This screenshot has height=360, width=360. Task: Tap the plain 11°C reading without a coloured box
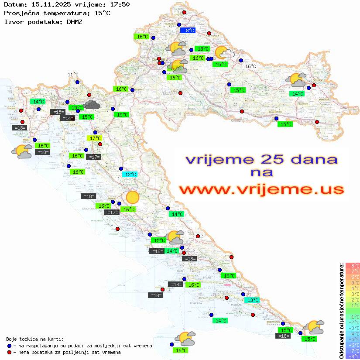(x=73, y=75)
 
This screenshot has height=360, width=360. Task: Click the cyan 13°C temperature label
(x=252, y=300)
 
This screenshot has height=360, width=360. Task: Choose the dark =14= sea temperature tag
(x=67, y=118)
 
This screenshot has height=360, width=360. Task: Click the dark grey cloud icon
(x=92, y=104)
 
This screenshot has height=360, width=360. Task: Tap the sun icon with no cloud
(x=132, y=197)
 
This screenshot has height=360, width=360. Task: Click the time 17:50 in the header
(x=117, y=5)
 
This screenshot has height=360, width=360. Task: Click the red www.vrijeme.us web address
(x=261, y=189)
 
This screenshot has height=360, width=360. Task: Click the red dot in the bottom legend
(x=9, y=352)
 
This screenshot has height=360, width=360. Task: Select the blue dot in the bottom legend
(x=9, y=346)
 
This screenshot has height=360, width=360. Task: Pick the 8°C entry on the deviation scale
(x=352, y=265)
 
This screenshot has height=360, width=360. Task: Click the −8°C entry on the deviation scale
(x=352, y=356)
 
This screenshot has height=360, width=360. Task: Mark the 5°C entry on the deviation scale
(x=352, y=282)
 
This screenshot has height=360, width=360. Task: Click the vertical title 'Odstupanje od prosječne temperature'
(x=341, y=311)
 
